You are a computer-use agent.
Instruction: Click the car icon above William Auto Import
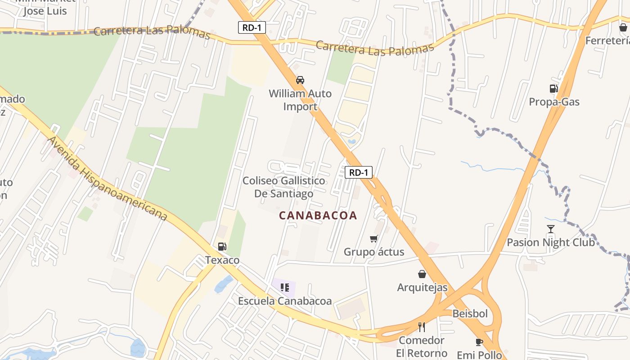pyautogui.click(x=300, y=80)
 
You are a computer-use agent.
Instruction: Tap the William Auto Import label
pyautogui.click(x=300, y=100)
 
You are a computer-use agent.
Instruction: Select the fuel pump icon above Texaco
pyautogui.click(x=222, y=247)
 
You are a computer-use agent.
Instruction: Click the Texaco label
pyautogui.click(x=222, y=260)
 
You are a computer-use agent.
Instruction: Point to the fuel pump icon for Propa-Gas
pyautogui.click(x=553, y=89)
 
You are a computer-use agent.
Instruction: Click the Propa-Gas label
pyautogui.click(x=554, y=102)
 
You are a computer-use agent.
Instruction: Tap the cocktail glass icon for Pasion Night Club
pyautogui.click(x=551, y=229)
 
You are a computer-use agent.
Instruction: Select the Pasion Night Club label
pyautogui.click(x=551, y=243)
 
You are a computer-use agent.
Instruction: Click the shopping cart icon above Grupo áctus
pyautogui.click(x=373, y=238)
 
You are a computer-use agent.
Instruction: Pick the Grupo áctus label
pyautogui.click(x=374, y=252)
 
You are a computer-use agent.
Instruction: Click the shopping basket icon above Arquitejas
pyautogui.click(x=422, y=274)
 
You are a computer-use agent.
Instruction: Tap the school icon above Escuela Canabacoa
pyautogui.click(x=284, y=287)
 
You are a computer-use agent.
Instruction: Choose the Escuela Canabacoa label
pyautogui.click(x=285, y=301)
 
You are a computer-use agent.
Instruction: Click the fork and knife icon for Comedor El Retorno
pyautogui.click(x=422, y=327)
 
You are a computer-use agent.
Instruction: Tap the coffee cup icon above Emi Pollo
pyautogui.click(x=479, y=342)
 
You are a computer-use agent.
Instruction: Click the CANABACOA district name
pyautogui.click(x=318, y=216)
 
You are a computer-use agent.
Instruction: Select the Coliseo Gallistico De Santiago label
pyautogui.click(x=284, y=187)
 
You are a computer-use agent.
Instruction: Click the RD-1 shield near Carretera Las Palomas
pyautogui.click(x=252, y=27)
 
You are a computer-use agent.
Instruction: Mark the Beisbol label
pyautogui.click(x=470, y=314)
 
